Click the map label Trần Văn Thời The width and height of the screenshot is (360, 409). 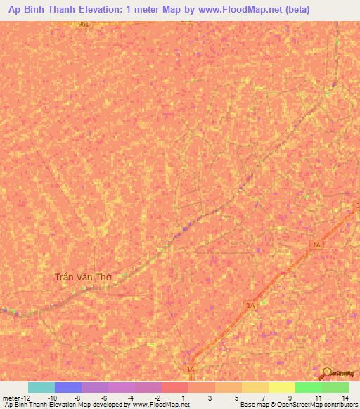click(89, 277)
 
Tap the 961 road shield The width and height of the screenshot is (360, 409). click(84, 24)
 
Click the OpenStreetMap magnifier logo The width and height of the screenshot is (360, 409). click(327, 372)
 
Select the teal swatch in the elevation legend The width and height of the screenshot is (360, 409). click(41, 387)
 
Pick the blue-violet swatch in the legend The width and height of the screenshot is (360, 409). click(68, 387)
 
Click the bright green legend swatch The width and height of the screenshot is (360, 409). click(309, 387)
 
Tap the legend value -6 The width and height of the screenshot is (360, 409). click(105, 397)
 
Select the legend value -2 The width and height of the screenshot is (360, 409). click(158, 397)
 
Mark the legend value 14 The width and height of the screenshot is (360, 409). click(345, 397)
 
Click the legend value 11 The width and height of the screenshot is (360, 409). click(318, 397)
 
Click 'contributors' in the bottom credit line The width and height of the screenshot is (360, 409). click(338, 405)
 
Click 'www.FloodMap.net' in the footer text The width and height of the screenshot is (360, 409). click(160, 405)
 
